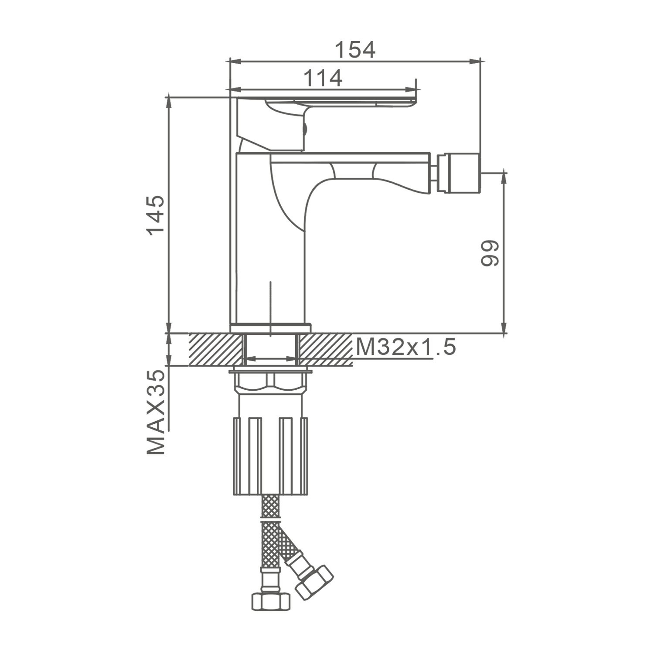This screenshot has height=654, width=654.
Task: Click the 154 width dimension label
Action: [x=355, y=50]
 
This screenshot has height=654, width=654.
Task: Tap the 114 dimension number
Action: [x=323, y=78]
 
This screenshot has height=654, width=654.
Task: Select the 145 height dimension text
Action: [x=156, y=215]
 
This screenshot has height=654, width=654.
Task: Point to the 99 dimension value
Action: [x=489, y=252]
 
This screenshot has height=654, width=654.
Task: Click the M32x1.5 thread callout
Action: [x=406, y=347]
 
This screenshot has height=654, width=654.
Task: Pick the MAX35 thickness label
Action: [x=156, y=412]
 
